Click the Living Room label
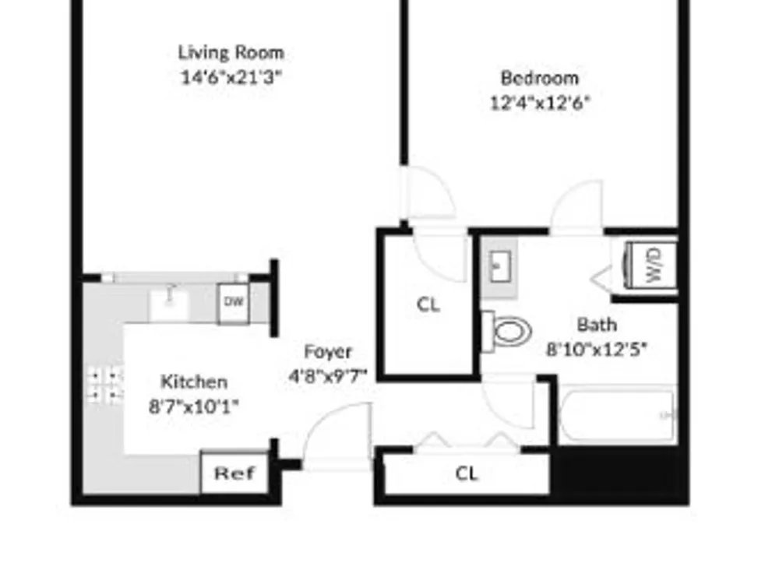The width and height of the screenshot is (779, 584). (x=231, y=53)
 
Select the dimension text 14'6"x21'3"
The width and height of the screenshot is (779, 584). (x=231, y=77)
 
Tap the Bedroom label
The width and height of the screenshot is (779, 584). (x=540, y=78)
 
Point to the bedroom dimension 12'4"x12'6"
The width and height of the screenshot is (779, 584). (x=540, y=103)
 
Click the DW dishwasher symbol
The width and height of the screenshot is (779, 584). (x=234, y=302)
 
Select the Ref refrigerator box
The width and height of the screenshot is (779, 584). (x=234, y=473)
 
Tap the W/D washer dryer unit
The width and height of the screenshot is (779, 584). (x=651, y=266)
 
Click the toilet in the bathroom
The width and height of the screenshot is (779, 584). (x=507, y=331)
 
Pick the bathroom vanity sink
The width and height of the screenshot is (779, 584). (x=499, y=266)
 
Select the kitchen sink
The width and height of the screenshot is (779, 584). (x=169, y=304)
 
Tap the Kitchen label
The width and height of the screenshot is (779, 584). (x=194, y=382)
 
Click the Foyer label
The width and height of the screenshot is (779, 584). (x=328, y=352)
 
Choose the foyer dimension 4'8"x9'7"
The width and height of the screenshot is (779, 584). (x=328, y=376)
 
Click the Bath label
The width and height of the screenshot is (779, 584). (x=597, y=325)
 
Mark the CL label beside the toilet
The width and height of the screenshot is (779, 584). (x=428, y=304)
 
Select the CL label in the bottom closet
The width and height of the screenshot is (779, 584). (x=466, y=473)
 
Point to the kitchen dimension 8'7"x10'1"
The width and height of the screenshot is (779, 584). (x=194, y=406)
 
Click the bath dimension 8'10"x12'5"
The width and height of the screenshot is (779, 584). (x=597, y=349)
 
